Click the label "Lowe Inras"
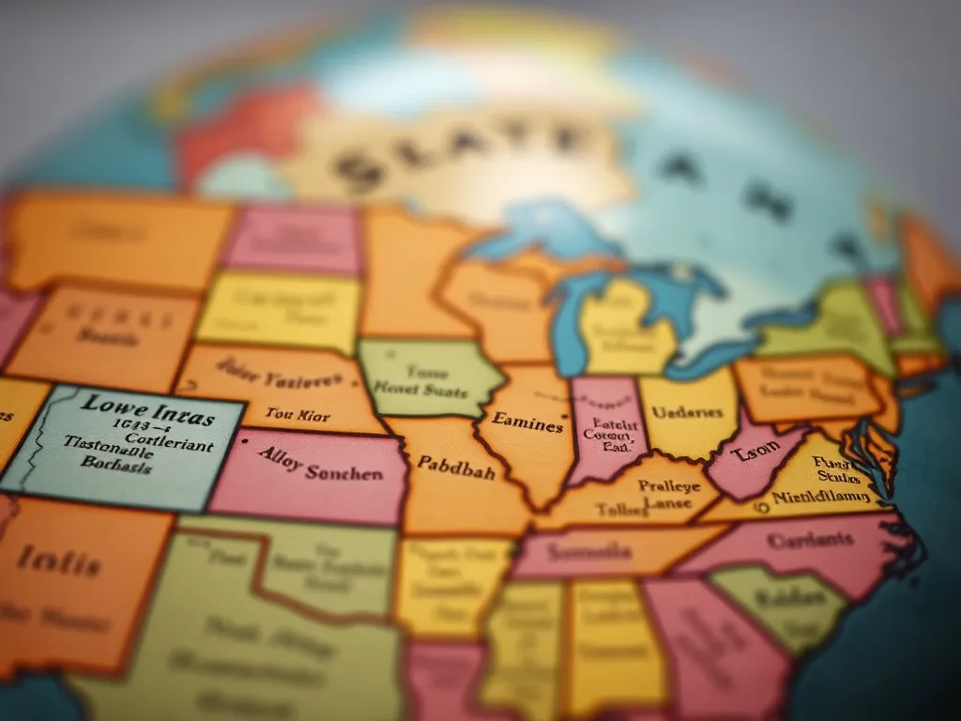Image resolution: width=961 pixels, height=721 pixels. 147,411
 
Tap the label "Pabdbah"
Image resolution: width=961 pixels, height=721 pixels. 456,465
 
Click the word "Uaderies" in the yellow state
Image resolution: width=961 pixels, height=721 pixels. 687,412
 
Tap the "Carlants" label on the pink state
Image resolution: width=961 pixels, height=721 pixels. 810,541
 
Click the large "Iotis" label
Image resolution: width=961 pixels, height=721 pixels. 57,563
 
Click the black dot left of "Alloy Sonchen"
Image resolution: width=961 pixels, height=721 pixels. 244,437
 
